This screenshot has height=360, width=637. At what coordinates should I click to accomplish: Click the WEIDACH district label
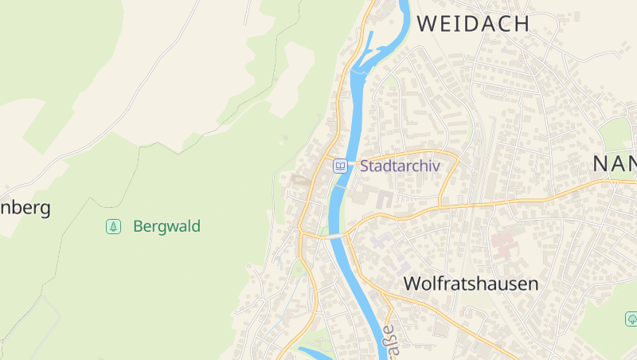[473, 24]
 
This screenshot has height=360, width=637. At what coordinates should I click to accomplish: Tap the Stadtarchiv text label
[399, 166]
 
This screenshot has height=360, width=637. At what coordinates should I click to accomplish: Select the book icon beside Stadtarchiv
[340, 166]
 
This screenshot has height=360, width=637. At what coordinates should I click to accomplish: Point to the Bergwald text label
[166, 227]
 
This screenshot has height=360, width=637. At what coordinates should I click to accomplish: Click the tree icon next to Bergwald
[114, 227]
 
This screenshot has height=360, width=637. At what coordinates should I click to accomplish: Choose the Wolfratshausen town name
[471, 284]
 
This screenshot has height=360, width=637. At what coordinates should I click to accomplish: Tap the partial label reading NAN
[615, 164]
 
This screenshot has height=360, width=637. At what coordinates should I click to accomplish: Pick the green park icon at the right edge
[631, 319]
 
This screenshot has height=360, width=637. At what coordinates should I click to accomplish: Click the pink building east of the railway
[504, 244]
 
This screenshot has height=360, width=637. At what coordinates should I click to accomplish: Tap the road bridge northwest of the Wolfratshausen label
[334, 236]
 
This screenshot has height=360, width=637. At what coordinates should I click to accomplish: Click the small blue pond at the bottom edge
[315, 352]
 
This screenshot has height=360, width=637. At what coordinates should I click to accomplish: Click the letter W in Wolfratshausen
[412, 284]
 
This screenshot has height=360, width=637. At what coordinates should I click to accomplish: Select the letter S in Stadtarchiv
[365, 166]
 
